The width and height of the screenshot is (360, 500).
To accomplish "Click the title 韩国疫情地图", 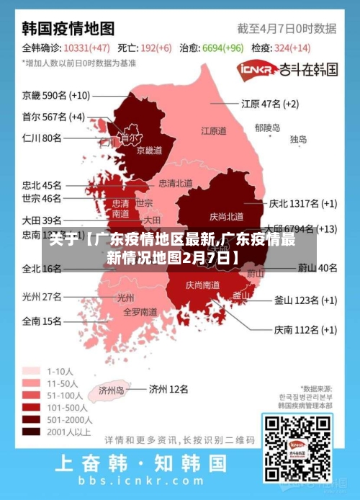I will pyautogui.click(x=68, y=29).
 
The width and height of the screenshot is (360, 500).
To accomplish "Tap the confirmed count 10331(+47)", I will pyautogui.click(x=86, y=48).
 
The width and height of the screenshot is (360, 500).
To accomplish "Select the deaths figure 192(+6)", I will pyautogui.click(x=155, y=48).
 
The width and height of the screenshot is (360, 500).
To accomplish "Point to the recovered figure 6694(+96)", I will pyautogui.click(x=222, y=48).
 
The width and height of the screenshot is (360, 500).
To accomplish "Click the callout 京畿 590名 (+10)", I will pyautogui.click(x=55, y=95).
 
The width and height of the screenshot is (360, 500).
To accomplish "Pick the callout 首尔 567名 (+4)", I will pyautogui.click(x=53, y=116).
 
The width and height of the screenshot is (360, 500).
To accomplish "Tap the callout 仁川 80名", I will pyautogui.click(x=42, y=137).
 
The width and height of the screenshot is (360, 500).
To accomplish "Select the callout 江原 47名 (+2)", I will pyautogui.click(x=269, y=104).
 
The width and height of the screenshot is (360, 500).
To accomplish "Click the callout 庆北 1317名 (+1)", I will pyautogui.click(x=302, y=203).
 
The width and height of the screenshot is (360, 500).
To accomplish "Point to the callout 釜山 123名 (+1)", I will pyautogui.click(x=305, y=300).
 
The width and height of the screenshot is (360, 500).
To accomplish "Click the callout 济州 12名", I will pyautogui.click(x=168, y=389).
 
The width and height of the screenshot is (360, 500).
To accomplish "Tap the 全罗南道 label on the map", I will pyautogui.click(x=140, y=312).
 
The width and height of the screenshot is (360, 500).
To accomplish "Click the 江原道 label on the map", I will pyautogui.click(x=213, y=131).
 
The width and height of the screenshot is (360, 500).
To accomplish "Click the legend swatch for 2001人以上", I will pyautogui.click(x=31, y=432).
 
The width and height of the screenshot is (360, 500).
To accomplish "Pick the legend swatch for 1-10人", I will pyautogui.click(x=31, y=371).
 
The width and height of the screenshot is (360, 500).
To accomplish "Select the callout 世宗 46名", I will pyautogui.click(x=42, y=198).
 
